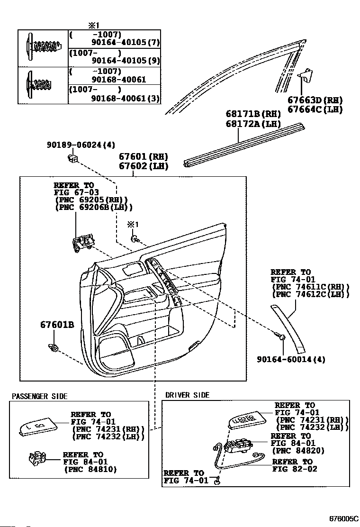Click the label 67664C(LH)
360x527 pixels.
315,109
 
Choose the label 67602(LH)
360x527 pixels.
144,166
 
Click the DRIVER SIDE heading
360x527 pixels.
187,395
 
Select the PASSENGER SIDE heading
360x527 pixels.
40,396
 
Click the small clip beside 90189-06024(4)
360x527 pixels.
72,157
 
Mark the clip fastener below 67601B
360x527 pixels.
54,349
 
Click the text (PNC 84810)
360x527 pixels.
90,469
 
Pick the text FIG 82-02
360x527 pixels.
295,469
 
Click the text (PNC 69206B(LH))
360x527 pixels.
94,207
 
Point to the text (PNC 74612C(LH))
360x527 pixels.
311,294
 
